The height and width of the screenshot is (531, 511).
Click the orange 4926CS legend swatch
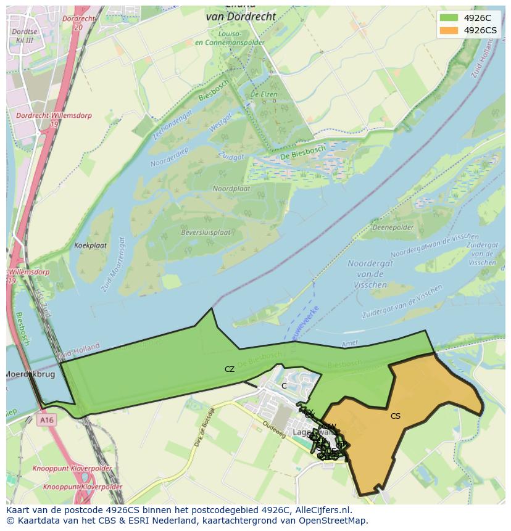point(449,30)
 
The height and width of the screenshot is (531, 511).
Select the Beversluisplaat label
point(206,233)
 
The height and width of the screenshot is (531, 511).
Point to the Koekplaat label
point(90,245)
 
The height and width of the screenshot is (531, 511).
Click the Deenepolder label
point(393,228)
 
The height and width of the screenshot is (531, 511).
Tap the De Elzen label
point(263,94)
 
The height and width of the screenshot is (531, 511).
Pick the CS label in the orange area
point(396,416)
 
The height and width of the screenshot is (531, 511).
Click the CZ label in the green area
point(230,369)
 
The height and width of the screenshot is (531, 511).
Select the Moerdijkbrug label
point(30,374)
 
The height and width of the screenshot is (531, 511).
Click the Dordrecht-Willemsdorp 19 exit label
point(39,120)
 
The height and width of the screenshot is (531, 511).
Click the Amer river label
point(350,344)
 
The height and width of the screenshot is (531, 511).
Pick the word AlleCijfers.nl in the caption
point(322,511)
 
